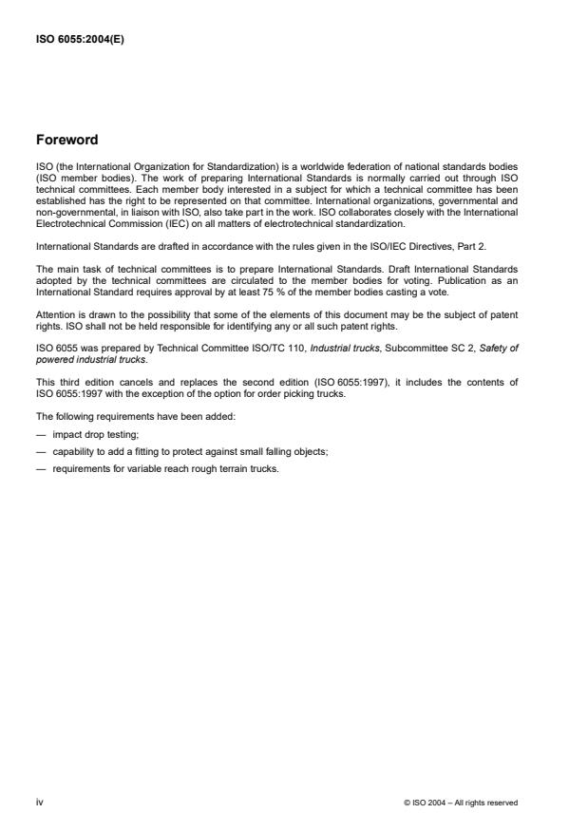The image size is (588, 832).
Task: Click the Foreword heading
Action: pos(66,140)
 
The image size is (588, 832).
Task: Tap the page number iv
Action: pos(39,802)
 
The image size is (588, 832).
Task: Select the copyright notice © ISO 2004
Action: pos(461,803)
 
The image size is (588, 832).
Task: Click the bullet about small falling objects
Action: pos(190,453)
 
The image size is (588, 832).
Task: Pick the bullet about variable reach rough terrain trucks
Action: pos(165,468)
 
